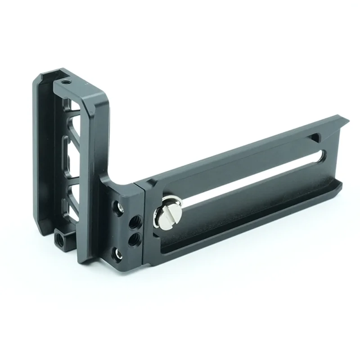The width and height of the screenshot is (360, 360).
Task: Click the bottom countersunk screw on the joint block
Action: pos(118,255)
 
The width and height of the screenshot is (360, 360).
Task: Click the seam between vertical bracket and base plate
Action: pos(143,225)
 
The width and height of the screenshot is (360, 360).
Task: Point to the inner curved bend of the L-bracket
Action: pos(115,178)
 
